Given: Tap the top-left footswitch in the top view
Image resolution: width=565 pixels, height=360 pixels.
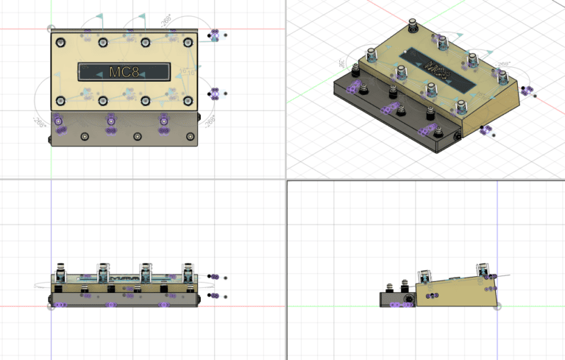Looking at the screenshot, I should click(60, 42).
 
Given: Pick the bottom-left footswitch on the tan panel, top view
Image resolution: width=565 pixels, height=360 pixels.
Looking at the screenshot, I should click(60, 100).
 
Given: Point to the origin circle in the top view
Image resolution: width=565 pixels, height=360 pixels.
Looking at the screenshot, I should click(51, 29).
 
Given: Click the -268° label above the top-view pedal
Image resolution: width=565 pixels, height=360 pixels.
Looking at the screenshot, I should click(166, 18).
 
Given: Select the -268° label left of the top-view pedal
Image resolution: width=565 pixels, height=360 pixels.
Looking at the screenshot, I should click(39, 120).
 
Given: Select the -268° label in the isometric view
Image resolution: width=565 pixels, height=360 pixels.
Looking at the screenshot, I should click(505, 66).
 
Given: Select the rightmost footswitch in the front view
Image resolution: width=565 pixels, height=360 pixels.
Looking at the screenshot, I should click(189, 270).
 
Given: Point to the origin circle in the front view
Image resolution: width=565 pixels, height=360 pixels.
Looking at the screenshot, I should click(51, 306).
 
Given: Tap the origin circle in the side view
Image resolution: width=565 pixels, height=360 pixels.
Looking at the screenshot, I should click(497, 306).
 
